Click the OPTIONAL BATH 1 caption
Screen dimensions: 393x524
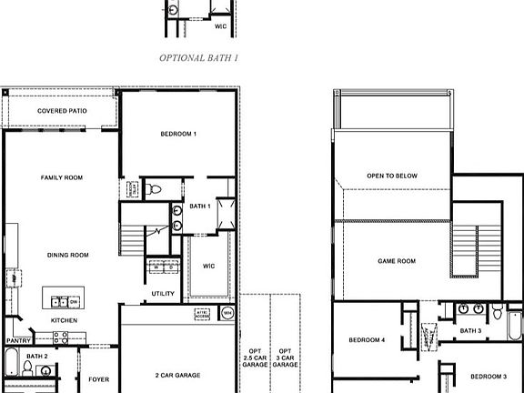pos(198,57)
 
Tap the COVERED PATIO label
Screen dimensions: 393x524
pos(62,111)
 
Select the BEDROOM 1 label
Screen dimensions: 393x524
pos(178,134)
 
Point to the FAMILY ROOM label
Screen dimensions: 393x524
pos(62,177)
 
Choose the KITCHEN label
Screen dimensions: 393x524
pos(64,320)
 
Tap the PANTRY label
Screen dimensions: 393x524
pos(19,341)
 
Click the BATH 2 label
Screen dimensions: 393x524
pos(36,356)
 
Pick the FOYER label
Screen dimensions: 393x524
pos(98,378)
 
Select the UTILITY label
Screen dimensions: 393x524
pos(163,293)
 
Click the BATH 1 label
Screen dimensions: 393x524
pos(200,207)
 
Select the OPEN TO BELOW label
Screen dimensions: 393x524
pos(391,176)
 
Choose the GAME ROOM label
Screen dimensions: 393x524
pos(397,261)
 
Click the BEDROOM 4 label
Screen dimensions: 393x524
pos(368,341)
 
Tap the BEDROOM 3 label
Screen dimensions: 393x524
pos(489,376)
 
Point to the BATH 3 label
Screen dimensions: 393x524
pos(469,330)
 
